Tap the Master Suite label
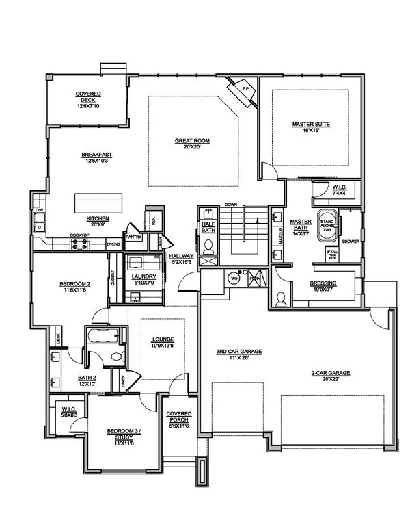tap(312, 124)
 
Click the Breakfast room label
tap(96, 155)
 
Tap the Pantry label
tap(133, 237)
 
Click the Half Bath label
tap(207, 226)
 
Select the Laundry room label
tap(143, 276)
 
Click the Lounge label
tap(163, 339)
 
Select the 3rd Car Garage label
tap(239, 352)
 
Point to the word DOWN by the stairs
tap(230, 205)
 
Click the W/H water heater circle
tap(234, 279)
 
